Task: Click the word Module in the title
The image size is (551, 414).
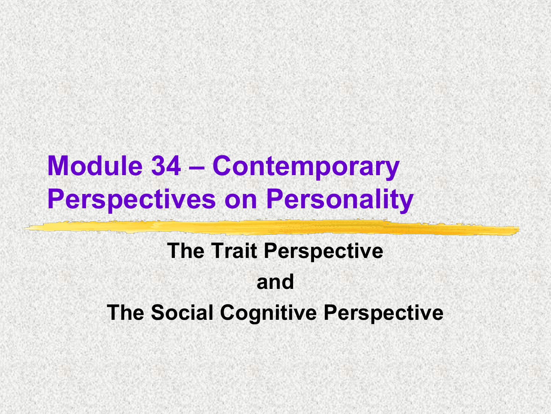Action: pyautogui.click(x=95, y=166)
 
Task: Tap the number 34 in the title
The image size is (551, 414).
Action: pyautogui.click(x=166, y=166)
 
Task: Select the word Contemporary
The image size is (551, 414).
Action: pyautogui.click(x=306, y=168)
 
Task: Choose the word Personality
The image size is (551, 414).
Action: pyautogui.click(x=340, y=200)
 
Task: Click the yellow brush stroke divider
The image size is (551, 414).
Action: pyautogui.click(x=271, y=228)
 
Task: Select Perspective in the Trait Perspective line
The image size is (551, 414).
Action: pyautogui.click(x=324, y=252)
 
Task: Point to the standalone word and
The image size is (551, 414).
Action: pyautogui.click(x=275, y=282)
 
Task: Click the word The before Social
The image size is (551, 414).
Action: pyautogui.click(x=125, y=312)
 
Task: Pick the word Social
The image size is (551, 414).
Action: pyautogui.click(x=182, y=312)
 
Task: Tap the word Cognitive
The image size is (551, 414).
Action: pyautogui.click(x=269, y=314)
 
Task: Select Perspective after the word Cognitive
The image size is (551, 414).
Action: pyautogui.click(x=383, y=314)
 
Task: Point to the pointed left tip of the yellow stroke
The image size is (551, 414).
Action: pyautogui.click(x=23, y=229)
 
